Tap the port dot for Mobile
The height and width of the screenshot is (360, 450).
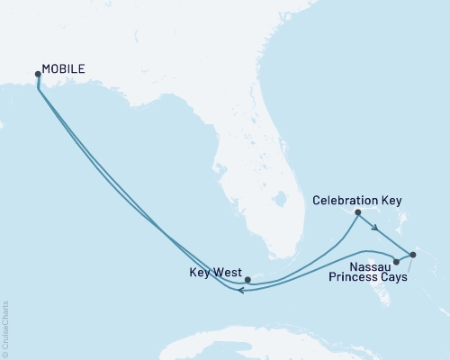coord(37,75)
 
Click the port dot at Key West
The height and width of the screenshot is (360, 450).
coord(247,281)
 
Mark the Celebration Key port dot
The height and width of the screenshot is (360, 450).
coord(358,213)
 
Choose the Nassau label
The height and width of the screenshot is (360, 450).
coord(368,265)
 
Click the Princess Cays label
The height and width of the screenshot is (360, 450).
coord(368,277)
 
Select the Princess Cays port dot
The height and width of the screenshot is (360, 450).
coord(413,255)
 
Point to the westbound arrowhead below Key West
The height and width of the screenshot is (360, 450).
coord(240,291)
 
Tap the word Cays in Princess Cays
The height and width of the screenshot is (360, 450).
coord(394,277)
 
